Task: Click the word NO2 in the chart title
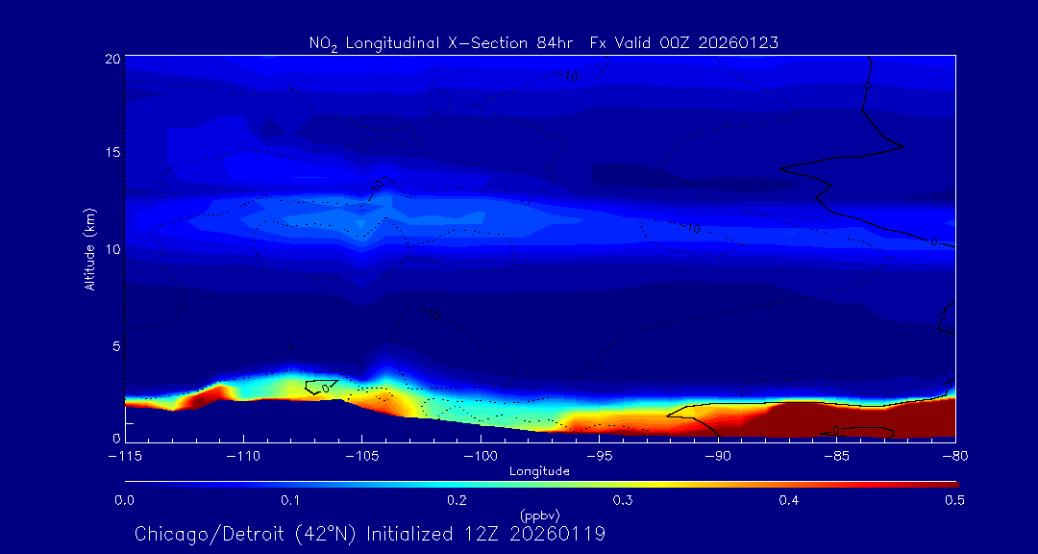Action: pos(320,43)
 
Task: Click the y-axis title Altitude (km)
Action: pos(89,249)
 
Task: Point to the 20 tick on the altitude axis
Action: pos(112,58)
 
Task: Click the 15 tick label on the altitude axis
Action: pos(112,153)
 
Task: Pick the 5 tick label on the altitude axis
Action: pos(115,344)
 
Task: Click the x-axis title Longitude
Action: pos(539,470)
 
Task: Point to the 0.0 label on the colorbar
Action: pos(125,500)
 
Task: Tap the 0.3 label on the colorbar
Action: pos(623,500)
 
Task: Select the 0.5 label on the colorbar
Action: pos(954,500)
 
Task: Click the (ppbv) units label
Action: pos(539,515)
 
